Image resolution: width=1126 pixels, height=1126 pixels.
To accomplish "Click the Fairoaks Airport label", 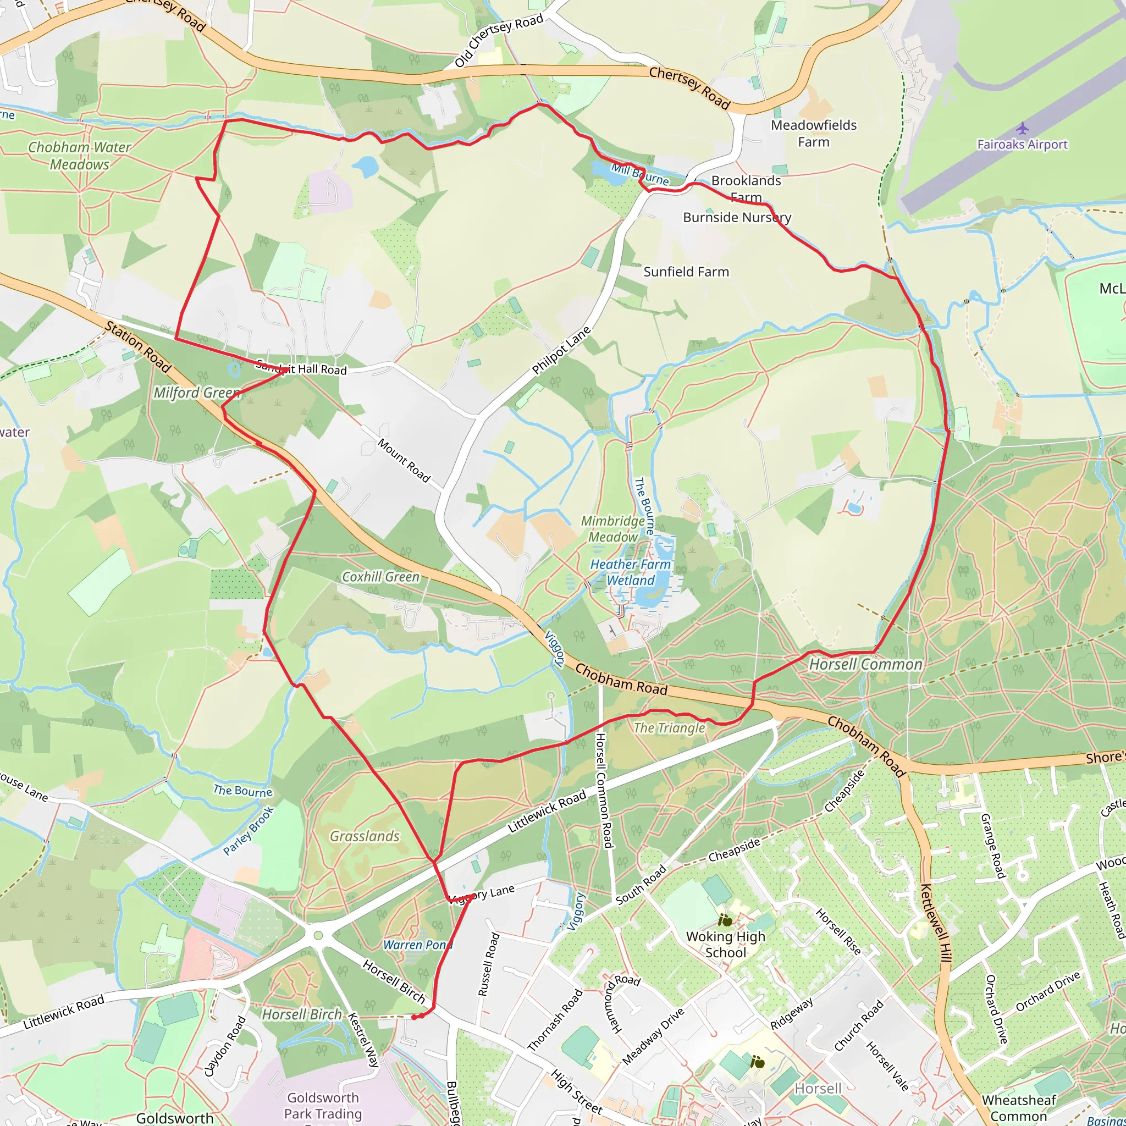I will point(1022,145).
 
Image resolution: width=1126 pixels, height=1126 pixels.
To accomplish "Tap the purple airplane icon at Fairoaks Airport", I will point(1022,128).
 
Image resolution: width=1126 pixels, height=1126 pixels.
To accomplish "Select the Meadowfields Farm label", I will point(814,134).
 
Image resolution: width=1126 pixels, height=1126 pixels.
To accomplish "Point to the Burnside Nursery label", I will point(737,217).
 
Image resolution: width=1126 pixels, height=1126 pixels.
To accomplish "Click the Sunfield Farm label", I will point(686,272).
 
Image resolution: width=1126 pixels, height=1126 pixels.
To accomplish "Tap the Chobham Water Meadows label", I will point(80,156).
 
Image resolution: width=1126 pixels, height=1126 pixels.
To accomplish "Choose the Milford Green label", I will point(196,393).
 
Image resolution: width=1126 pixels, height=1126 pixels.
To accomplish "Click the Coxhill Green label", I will point(380,577).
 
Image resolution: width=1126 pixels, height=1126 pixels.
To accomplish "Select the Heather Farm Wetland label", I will point(631,572).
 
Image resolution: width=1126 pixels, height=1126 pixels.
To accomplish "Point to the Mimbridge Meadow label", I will point(613,528).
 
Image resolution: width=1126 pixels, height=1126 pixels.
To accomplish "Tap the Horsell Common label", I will point(865,664).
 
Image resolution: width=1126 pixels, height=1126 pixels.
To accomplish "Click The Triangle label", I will point(669,728).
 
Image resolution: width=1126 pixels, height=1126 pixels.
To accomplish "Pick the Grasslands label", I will point(365,836).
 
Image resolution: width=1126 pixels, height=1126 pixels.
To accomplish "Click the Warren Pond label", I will point(417,945).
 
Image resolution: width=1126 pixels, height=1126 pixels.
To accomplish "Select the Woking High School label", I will point(726,944).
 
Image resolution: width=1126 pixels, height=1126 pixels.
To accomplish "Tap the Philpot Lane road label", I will point(561,350).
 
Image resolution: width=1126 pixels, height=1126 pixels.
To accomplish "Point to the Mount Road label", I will point(404,460).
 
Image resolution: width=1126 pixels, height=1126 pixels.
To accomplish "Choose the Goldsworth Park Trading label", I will point(322,1106).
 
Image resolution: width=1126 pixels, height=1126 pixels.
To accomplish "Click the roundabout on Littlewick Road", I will point(318,936).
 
